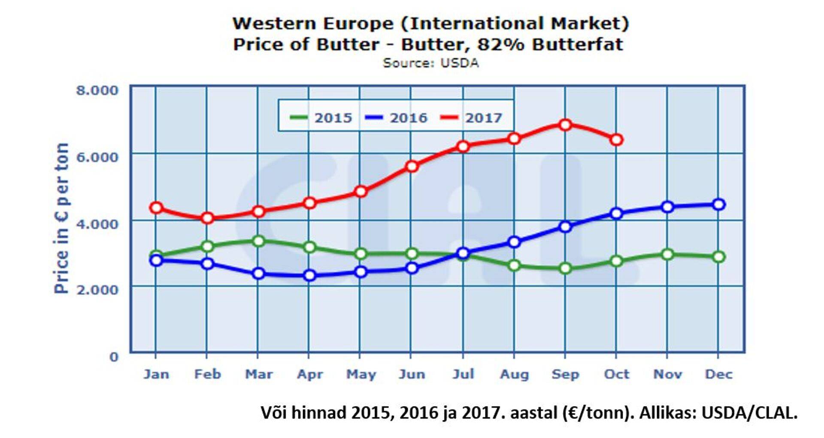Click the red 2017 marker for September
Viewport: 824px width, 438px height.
(565, 125)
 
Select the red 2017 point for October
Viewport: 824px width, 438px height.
(616, 140)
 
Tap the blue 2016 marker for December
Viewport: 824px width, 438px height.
(718, 204)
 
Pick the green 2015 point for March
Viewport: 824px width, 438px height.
(258, 241)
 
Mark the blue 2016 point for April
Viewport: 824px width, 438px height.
(309, 275)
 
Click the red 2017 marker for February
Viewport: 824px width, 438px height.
(207, 218)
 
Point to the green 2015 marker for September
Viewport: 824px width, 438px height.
(565, 268)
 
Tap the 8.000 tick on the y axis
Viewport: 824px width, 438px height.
(97, 90)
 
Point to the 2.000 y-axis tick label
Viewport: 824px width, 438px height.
(97, 289)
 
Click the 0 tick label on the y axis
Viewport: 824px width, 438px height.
(113, 356)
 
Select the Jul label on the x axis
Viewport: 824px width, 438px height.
(463, 374)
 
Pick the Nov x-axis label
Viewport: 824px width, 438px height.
(667, 374)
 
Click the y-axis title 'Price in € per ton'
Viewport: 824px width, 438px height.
(61, 218)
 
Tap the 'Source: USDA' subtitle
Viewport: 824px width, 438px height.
(430, 63)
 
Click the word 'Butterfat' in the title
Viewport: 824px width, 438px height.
(577, 44)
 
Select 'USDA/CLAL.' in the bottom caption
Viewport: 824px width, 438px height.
(749, 413)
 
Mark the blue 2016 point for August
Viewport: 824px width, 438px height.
(514, 242)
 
